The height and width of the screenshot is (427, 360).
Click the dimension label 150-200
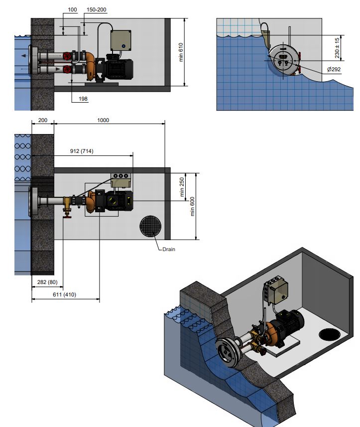coord(96,9)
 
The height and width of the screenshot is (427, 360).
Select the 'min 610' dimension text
coord(181,52)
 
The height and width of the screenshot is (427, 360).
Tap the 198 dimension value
coord(83,99)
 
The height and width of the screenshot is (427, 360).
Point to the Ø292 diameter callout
coord(334,69)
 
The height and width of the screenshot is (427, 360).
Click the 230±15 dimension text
coord(337,48)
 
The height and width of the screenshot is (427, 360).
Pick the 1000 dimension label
coord(103,120)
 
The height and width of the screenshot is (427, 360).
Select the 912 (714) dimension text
coord(82,151)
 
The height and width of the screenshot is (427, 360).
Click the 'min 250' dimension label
coord(182,187)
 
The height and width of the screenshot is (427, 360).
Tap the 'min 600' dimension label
coord(192,206)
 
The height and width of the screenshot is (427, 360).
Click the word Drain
coord(169,249)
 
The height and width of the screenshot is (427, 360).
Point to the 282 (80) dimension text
coord(47,282)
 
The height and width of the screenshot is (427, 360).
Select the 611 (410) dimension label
coord(65,294)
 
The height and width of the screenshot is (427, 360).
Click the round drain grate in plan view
coord(150,226)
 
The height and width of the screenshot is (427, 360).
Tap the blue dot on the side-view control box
coord(123,46)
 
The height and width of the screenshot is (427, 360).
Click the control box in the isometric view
coord(275,290)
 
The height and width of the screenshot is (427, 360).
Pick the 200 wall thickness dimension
coord(43,120)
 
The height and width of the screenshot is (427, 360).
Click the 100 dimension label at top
coord(72,9)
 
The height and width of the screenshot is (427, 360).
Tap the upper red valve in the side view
coord(67,56)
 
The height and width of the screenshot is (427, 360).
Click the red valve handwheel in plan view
coord(67,217)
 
